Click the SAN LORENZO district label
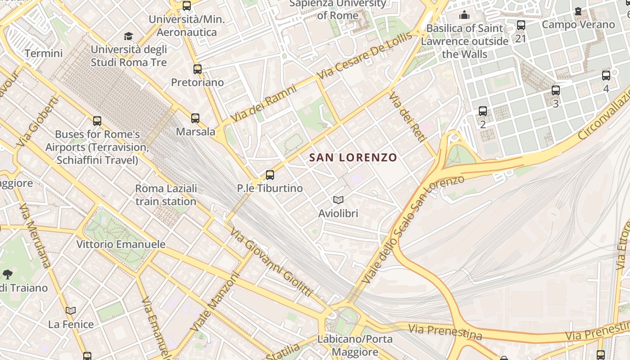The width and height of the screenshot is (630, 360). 353,157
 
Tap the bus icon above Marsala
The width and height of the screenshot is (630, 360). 195,118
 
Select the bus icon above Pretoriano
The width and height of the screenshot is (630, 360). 198,69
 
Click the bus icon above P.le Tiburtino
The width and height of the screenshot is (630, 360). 270,175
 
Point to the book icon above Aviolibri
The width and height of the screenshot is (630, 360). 338,200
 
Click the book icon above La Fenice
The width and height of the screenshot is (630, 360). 71,310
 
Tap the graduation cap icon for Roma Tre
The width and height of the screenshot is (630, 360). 129,36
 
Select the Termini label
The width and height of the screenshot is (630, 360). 44,54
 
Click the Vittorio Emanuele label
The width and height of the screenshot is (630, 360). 121,244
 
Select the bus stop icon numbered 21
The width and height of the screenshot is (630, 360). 521,25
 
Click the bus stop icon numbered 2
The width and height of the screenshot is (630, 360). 483,111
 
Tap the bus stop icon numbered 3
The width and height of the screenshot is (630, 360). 556,90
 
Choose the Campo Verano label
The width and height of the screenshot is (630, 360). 578,24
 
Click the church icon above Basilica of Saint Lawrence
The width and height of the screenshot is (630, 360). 464,15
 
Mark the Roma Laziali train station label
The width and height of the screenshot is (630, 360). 166,194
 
